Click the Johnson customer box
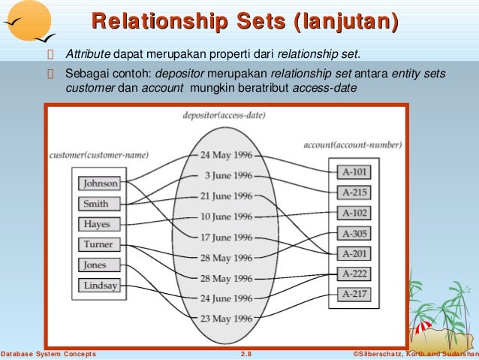point(100,183)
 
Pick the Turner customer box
point(99,244)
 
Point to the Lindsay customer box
point(99,286)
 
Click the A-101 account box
point(354,171)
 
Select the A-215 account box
point(354,192)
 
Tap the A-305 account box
point(354,232)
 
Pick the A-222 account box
point(354,274)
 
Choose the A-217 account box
point(354,294)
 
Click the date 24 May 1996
point(226,156)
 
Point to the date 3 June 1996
point(228,176)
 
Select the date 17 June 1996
point(226,237)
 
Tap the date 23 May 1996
point(226,318)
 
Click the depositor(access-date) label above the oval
point(223,116)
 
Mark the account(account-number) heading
point(352,144)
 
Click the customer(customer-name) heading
point(98,156)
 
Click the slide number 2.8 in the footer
point(246,354)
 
